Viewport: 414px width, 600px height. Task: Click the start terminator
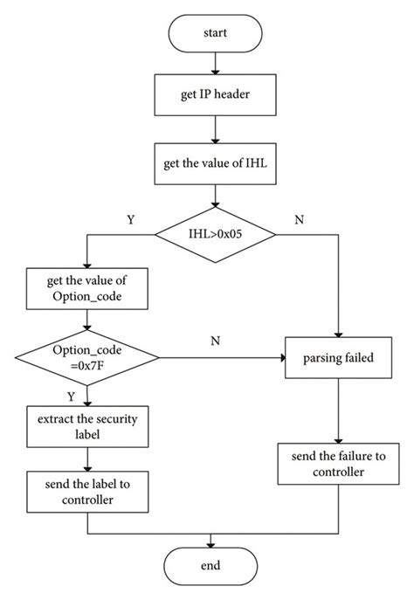(x=215, y=34)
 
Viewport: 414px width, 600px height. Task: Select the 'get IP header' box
(x=215, y=94)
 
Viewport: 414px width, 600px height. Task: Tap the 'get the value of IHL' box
(x=215, y=166)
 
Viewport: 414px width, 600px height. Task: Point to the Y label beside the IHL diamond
(x=131, y=220)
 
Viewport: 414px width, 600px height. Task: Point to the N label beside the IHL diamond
(x=299, y=220)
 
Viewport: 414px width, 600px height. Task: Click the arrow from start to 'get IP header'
(x=215, y=64)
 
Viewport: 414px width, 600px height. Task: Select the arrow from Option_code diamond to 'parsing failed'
(x=223, y=356)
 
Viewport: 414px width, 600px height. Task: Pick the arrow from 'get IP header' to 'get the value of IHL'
(x=215, y=130)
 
